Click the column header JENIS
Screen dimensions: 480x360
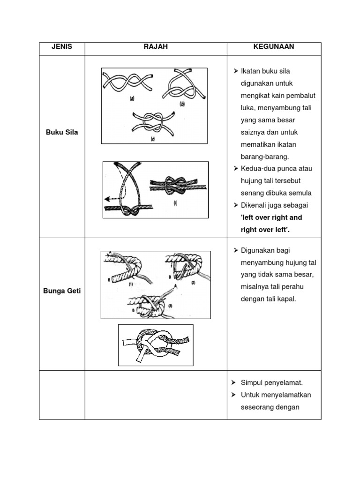pos(62,47)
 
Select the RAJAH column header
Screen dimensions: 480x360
pos(156,47)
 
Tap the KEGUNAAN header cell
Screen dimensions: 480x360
pos(274,47)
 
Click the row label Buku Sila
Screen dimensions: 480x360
pos(62,132)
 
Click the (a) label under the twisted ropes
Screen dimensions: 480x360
pos(132,99)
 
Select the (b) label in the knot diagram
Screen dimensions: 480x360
pos(182,104)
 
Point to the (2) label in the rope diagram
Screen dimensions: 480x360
pos(193,283)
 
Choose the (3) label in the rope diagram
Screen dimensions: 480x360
pos(171,306)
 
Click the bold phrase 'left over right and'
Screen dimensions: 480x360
pos(271,217)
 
